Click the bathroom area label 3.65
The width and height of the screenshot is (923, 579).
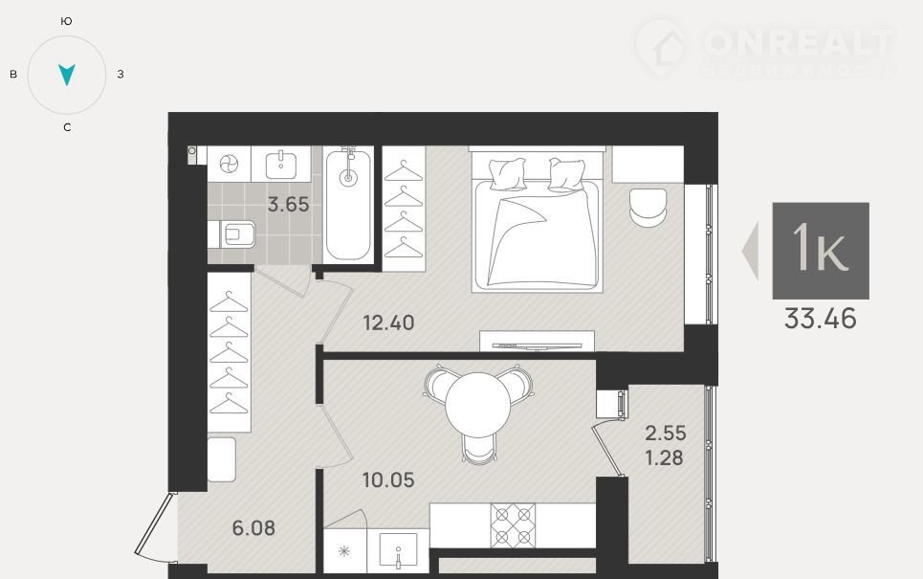tap(288, 205)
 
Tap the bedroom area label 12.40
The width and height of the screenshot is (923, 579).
tap(388, 323)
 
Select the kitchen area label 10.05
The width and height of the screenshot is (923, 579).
tap(388, 480)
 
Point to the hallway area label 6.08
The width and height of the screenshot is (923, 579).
tap(253, 527)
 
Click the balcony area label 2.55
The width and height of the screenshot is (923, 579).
tap(665, 433)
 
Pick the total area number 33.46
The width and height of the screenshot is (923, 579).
tap(820, 319)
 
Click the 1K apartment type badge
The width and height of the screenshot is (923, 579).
tap(821, 251)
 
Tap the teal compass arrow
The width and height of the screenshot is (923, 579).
tap(67, 74)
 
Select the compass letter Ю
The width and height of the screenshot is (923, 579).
tap(67, 21)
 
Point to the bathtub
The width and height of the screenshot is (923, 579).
tap(348, 205)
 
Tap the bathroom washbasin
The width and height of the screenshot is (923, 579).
tap(281, 165)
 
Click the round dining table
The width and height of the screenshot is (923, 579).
tap(478, 405)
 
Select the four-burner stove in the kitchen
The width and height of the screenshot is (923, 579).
tap(513, 525)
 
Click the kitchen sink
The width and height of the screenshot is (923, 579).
tap(398, 550)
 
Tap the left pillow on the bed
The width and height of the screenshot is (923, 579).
tap(508, 174)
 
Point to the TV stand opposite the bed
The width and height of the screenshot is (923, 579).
tap(537, 341)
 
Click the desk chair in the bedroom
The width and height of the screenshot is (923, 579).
tap(648, 207)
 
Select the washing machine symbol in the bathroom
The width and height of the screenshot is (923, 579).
tap(229, 164)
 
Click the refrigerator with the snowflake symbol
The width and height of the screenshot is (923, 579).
tap(345, 550)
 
